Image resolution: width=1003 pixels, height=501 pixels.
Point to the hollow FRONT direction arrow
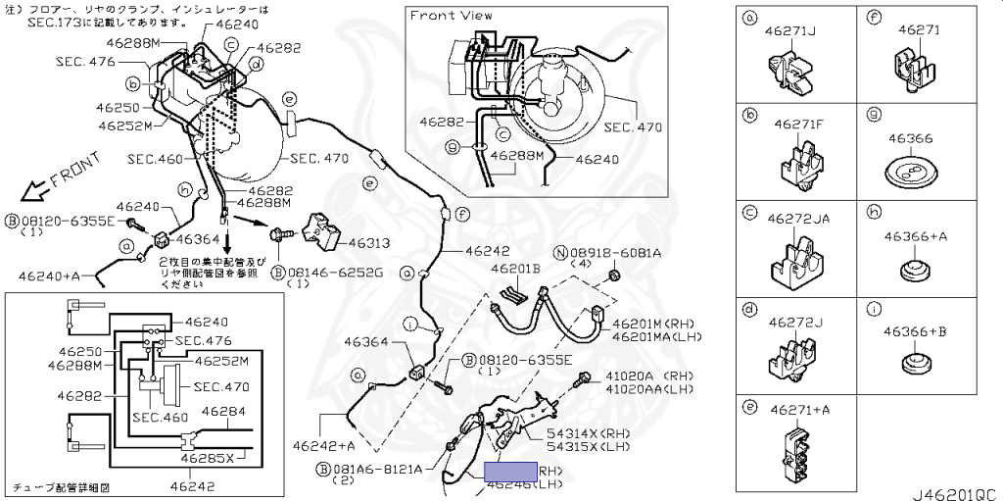click(x=36, y=183)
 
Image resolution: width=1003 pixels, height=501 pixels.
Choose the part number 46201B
click(x=515, y=269)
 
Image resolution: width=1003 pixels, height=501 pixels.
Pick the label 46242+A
click(x=323, y=446)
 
